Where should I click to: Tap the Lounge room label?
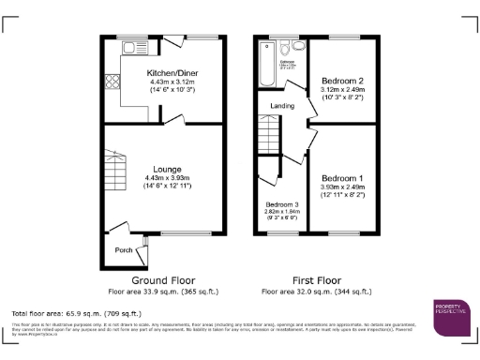(x=161, y=170)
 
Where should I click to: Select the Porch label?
(x=123, y=249)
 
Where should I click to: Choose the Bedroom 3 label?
(x=281, y=204)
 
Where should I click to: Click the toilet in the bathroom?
(x=298, y=47)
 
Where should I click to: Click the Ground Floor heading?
(x=162, y=280)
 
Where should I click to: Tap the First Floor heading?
(x=318, y=280)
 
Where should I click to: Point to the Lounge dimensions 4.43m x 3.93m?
(x=161, y=178)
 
